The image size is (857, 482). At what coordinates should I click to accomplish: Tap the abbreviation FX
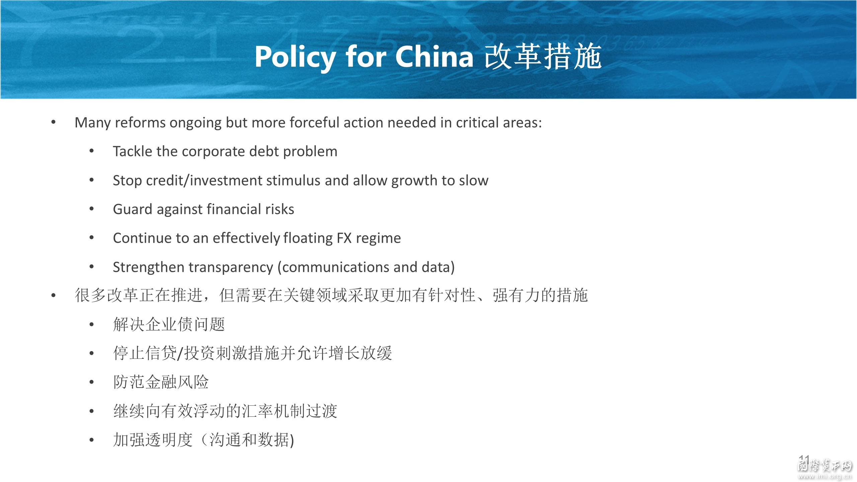(x=344, y=238)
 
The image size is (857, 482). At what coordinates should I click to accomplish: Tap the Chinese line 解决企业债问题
(x=169, y=324)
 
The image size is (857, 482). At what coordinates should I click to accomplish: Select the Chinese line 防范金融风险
(x=161, y=382)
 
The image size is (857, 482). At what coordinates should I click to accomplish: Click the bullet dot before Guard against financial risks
(x=92, y=209)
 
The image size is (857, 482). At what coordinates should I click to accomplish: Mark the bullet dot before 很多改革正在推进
(x=53, y=296)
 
